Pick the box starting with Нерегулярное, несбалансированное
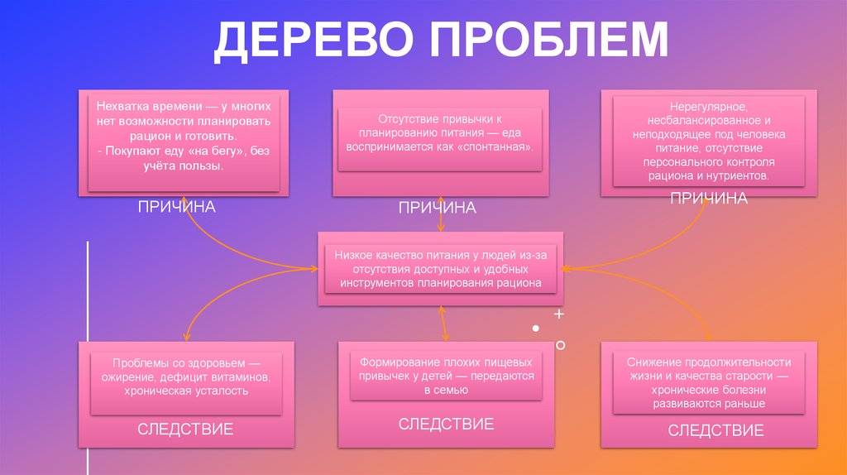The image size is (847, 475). tap(708, 142)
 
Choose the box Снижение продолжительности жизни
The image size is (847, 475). tap(708, 383)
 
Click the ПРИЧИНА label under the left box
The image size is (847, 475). tap(176, 207)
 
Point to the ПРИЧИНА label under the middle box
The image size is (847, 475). tap(438, 208)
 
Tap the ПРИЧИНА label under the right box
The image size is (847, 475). tap(709, 199)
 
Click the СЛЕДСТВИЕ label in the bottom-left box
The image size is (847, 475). tap(185, 429)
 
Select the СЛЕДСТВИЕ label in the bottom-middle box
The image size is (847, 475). tap(446, 425)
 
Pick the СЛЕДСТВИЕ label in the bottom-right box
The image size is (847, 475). tap(715, 430)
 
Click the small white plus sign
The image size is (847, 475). tap(559, 314)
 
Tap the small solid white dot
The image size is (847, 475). tap(535, 329)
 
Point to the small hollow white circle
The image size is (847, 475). tap(561, 344)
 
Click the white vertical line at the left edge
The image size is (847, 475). tap(89, 356)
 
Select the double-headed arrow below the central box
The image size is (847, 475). tap(443, 323)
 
